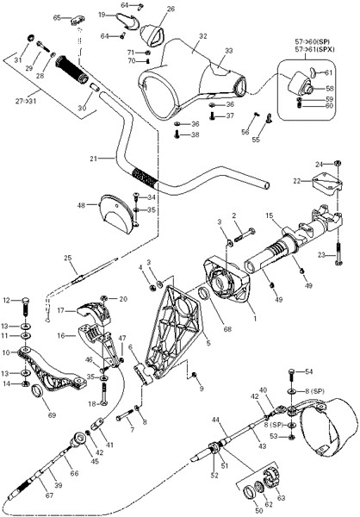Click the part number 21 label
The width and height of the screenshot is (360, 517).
pyautogui.click(x=94, y=159)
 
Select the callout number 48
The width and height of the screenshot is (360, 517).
pyautogui.click(x=82, y=205)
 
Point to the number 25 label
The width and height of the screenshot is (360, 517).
pyautogui.click(x=67, y=258)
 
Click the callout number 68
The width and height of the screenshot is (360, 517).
pyautogui.click(x=227, y=329)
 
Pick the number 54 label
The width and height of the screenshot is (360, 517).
pyautogui.click(x=308, y=372)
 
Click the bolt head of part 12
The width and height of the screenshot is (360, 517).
pyautogui.click(x=26, y=301)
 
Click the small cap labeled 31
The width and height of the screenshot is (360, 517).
pyautogui.click(x=30, y=37)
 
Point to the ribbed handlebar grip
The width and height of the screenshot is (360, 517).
pyautogui.click(x=72, y=70)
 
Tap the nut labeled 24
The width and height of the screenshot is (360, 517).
pyautogui.click(x=338, y=163)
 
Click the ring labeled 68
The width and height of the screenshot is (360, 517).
pyautogui.click(x=204, y=293)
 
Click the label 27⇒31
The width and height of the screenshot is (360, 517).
pyautogui.click(x=26, y=101)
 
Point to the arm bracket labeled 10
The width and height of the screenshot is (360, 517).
pyautogui.click(x=52, y=369)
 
